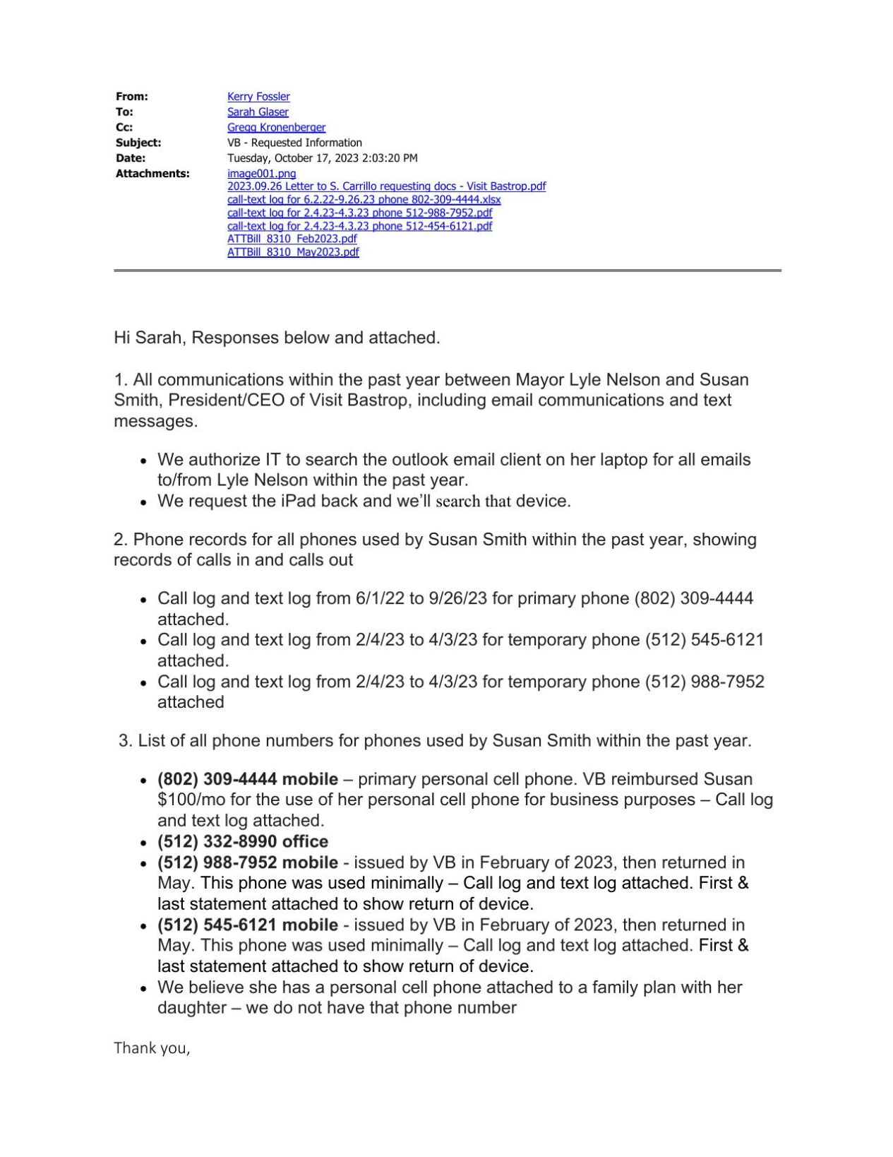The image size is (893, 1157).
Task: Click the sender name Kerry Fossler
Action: [x=258, y=97]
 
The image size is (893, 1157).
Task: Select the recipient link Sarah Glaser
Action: [x=258, y=112]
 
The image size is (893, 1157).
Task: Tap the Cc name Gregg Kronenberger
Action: [x=276, y=128]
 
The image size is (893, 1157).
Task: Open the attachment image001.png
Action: [x=261, y=174]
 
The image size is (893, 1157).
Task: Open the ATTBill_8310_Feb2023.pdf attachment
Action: [x=292, y=239]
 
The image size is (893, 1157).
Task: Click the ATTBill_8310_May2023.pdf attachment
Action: [x=292, y=252]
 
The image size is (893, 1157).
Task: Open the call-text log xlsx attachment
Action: [x=364, y=200]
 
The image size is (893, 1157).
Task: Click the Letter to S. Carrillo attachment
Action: [x=386, y=186]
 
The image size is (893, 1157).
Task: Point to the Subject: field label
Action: [x=138, y=143]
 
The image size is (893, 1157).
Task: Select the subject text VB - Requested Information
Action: [x=294, y=143]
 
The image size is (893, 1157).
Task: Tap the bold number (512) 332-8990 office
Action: [x=242, y=841]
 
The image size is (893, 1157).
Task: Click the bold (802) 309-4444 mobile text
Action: [x=247, y=779]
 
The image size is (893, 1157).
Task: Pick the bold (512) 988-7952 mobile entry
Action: [x=247, y=862]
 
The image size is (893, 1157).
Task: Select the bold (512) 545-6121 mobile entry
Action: [x=247, y=925]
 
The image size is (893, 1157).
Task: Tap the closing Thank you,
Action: [x=152, y=1048]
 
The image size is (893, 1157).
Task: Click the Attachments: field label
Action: [x=152, y=174]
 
